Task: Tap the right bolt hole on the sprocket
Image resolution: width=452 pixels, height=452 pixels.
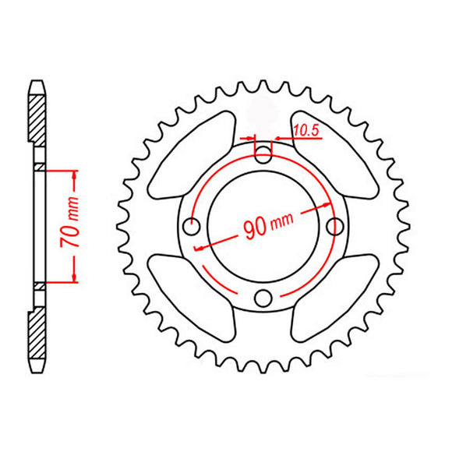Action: pos(337,226)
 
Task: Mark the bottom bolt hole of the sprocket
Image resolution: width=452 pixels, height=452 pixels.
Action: pos(264,298)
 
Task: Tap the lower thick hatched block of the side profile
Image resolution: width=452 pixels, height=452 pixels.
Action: pos(37,335)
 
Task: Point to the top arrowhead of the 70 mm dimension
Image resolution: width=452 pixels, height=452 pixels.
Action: pos(74,174)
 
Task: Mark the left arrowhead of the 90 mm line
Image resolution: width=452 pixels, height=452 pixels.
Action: pos(200,247)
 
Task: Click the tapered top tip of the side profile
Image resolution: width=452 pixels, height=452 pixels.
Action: pos(37,83)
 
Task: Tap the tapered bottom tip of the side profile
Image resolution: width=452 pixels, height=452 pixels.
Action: pos(37,369)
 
